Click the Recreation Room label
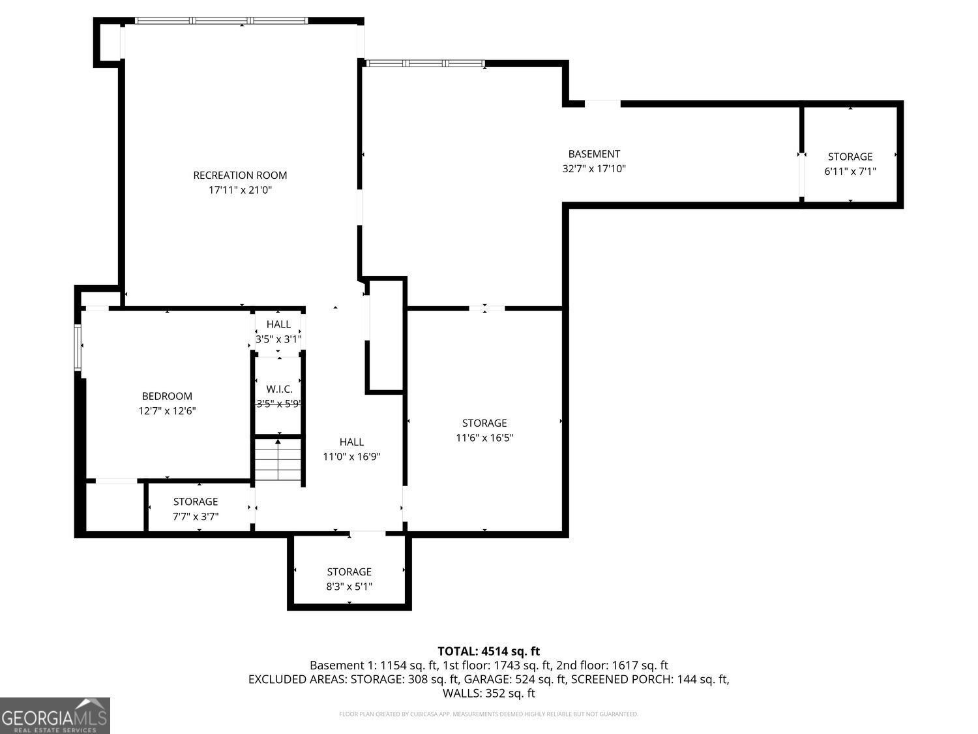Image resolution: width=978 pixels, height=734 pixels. [240, 175]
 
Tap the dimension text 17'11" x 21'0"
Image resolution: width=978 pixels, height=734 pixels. [240, 190]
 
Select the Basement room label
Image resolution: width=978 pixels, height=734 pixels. [593, 154]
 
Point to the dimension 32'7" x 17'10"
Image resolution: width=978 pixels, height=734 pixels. [593, 168]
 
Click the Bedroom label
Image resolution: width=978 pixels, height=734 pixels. [167, 396]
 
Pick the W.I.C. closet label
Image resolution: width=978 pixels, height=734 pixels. [279, 389]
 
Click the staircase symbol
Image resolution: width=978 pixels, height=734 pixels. [278, 460]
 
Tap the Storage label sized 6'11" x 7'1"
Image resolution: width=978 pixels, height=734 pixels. [850, 157]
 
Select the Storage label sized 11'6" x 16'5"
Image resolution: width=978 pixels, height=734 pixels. [484, 423]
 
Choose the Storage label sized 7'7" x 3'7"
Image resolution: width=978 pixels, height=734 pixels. [196, 502]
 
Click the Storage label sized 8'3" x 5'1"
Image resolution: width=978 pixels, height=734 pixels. [349, 572]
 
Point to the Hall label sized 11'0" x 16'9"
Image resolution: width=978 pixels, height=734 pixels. [351, 442]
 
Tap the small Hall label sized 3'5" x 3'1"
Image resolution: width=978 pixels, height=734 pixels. [278, 324]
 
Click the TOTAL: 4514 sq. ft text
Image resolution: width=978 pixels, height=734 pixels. [488, 651]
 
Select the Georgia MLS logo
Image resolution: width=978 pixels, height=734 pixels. [55, 716]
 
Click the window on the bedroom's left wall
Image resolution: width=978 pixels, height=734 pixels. [78, 347]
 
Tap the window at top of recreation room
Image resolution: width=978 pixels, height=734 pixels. [222, 21]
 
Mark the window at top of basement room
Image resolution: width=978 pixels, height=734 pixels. [425, 63]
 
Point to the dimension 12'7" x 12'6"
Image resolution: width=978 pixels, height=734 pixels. [167, 411]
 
